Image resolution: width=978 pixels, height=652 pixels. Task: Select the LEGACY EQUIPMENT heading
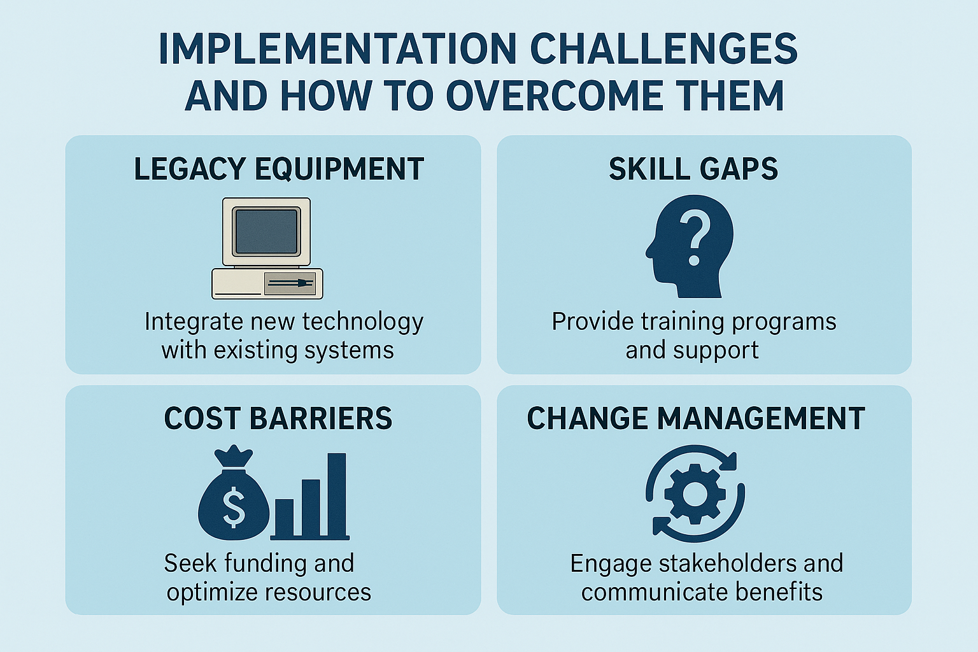[x=278, y=169]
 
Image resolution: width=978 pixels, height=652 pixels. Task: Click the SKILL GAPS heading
[x=693, y=169]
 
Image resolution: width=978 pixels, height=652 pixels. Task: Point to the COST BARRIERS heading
[x=278, y=418]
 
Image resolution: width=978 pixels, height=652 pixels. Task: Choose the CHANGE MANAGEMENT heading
[x=696, y=418]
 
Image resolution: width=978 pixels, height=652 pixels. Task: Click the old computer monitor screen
[x=266, y=232]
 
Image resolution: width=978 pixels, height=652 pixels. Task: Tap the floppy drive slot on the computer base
[x=290, y=283]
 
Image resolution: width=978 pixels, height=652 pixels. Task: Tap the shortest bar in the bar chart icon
[x=284, y=518]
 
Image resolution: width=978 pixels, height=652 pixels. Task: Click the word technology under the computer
[x=363, y=323]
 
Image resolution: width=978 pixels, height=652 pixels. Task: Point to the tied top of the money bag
[x=234, y=457]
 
